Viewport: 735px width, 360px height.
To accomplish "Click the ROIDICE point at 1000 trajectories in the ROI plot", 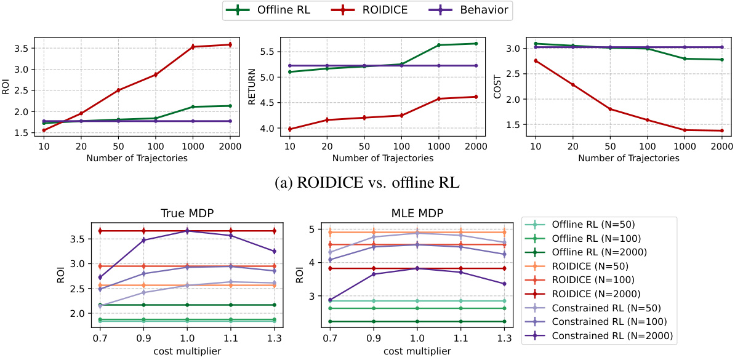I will tap(192, 47).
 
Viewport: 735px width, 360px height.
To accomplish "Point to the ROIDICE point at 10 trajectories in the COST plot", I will tap(535, 60).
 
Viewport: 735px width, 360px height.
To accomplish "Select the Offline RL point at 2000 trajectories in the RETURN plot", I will tap(476, 44).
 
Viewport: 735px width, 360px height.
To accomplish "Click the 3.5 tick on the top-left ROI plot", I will tap(24, 48).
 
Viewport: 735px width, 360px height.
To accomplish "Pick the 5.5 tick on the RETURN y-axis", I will tap(268, 52).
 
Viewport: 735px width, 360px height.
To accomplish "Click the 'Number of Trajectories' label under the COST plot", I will tap(628, 158).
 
